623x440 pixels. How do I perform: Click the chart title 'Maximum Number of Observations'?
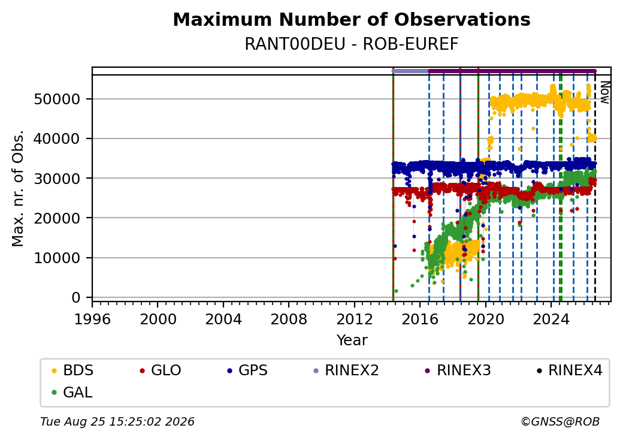click(352, 19)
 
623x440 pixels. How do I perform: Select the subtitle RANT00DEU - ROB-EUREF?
click(352, 44)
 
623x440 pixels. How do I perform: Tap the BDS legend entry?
click(72, 370)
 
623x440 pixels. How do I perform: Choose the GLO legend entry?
click(160, 370)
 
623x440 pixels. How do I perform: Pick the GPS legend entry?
click(247, 370)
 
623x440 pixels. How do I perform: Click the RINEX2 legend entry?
click(346, 370)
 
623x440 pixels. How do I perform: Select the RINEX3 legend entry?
click(458, 370)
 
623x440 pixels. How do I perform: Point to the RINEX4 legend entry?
click(569, 370)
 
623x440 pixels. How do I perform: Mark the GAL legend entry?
click(72, 392)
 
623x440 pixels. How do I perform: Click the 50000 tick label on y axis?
click(57, 99)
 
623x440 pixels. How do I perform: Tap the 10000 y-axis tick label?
click(57, 258)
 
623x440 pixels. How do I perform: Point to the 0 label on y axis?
click(76, 298)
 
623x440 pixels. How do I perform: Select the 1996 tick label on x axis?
click(93, 319)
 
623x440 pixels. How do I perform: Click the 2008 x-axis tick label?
click(289, 319)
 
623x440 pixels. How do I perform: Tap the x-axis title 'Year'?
click(352, 340)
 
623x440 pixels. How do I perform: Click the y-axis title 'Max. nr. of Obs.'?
click(18, 188)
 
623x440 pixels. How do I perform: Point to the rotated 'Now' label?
click(604, 92)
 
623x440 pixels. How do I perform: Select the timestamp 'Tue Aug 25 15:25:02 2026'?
click(117, 421)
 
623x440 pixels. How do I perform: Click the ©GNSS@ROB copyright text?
click(560, 421)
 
